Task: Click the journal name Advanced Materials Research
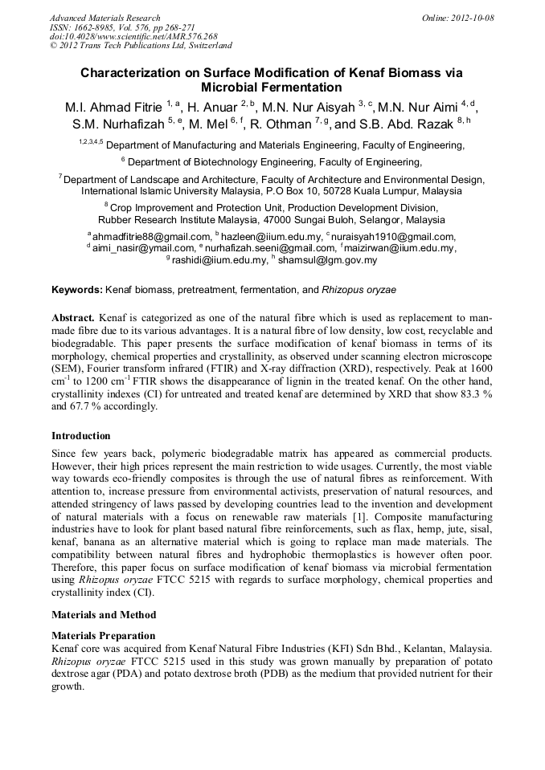coord(104,18)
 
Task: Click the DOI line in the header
coord(133,37)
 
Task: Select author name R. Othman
coord(279,124)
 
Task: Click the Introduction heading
coord(81,436)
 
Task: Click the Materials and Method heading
coord(103,615)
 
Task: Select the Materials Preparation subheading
coord(103,635)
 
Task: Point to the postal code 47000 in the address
coord(277,220)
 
